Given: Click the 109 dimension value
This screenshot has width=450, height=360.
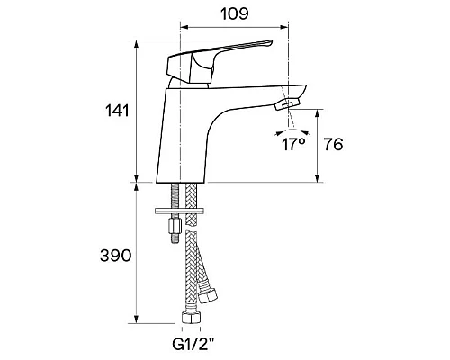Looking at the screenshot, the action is click(235, 13).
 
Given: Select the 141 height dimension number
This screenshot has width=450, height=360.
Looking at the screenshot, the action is click(117, 111).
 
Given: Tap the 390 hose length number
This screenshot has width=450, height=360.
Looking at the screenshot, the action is click(116, 256).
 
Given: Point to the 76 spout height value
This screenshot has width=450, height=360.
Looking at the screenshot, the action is click(333, 145).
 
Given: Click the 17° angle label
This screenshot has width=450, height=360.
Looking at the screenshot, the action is click(293, 145).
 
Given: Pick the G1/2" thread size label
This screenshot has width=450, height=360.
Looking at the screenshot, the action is click(193, 345).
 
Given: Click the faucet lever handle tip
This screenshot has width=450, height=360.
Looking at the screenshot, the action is click(270, 42).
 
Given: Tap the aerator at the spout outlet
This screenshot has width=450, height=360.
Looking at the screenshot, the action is click(287, 104).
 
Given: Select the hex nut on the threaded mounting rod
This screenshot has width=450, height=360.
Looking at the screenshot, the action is click(175, 226).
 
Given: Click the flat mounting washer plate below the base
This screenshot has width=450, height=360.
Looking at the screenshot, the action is click(179, 211).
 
